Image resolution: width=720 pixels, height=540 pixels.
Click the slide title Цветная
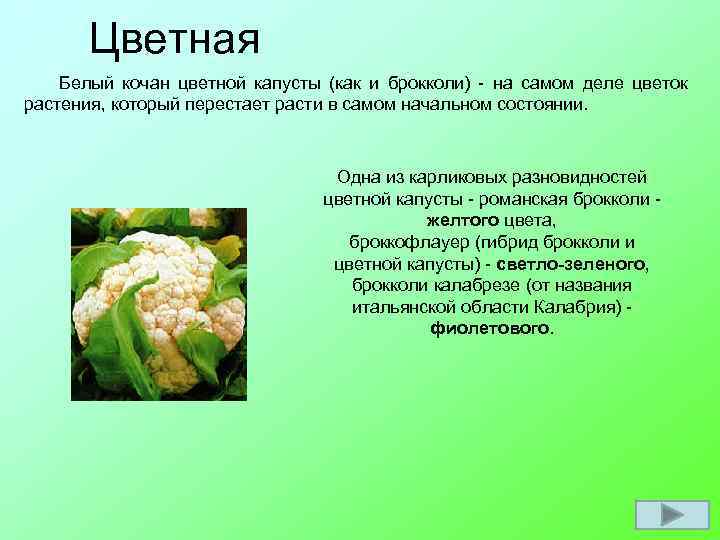coord(174,41)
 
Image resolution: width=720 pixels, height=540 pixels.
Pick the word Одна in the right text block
coord(357,177)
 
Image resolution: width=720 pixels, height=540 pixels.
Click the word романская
coord(514,199)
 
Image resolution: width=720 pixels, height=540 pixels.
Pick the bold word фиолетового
coord(489,328)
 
